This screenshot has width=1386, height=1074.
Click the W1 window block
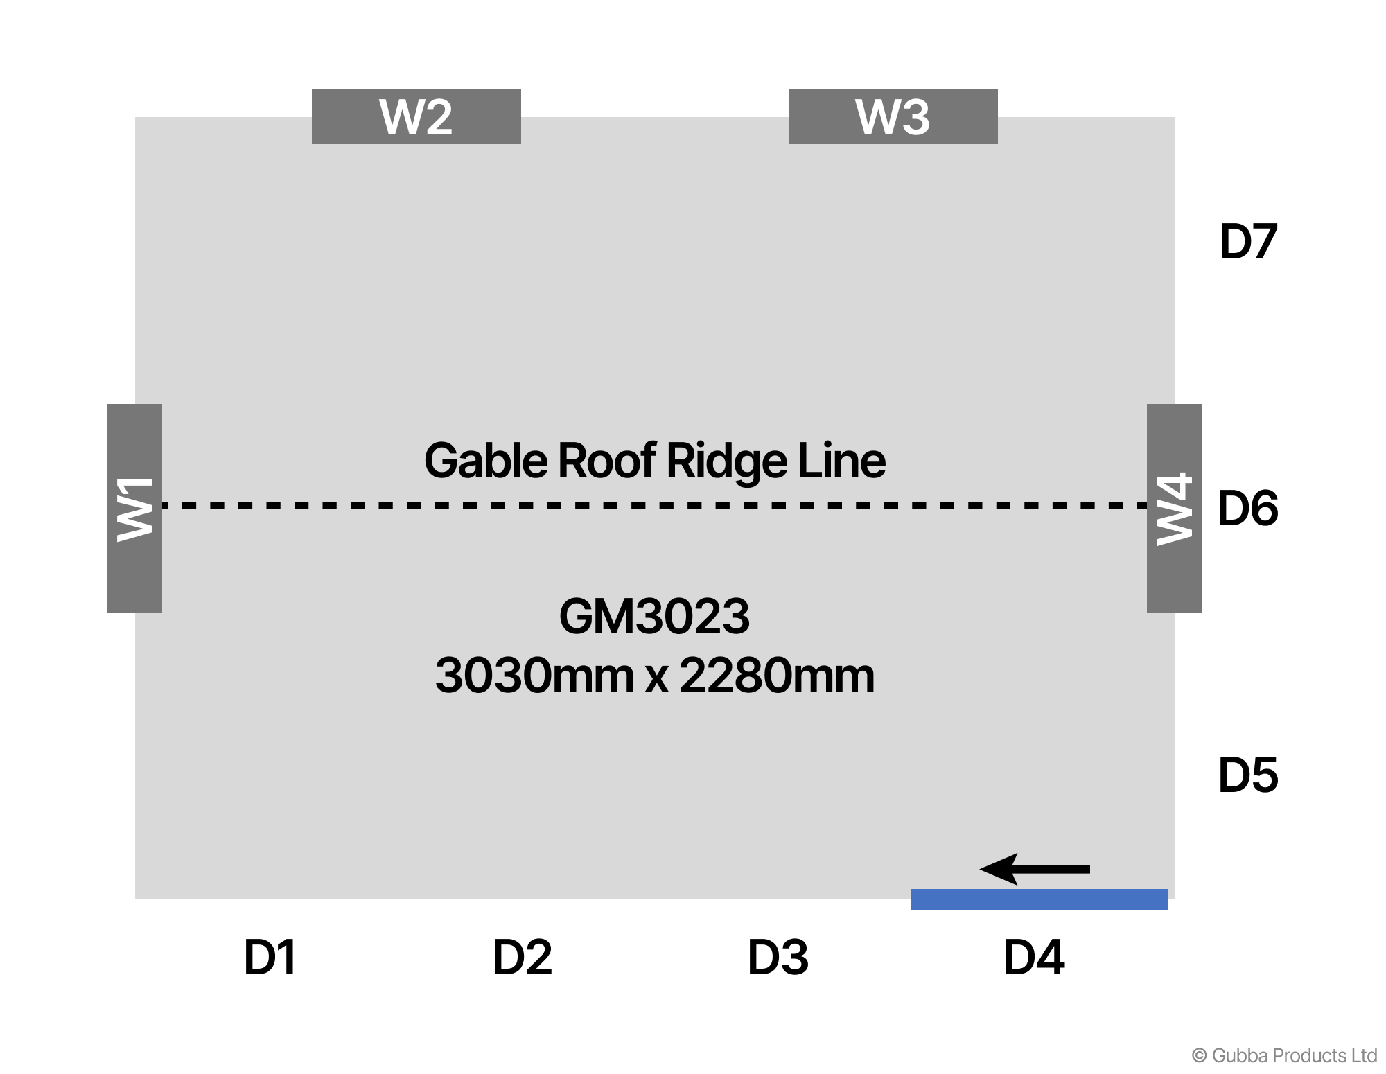tap(134, 509)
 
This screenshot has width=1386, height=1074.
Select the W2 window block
tap(416, 116)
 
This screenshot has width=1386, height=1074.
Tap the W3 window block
tap(893, 116)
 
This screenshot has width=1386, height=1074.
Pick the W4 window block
tap(1174, 509)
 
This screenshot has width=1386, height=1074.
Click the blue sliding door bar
tap(1038, 899)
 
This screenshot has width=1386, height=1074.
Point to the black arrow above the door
tap(1035, 869)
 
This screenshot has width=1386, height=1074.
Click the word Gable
tap(486, 461)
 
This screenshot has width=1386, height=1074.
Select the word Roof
tap(607, 461)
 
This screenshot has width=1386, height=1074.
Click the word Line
tap(841, 461)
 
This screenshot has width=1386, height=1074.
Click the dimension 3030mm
tap(534, 676)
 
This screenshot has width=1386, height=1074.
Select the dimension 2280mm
tap(777, 676)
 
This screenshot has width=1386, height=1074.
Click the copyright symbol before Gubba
tap(1200, 1055)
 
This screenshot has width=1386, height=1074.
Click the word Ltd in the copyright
tap(1364, 1055)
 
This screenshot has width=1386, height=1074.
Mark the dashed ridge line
tap(654, 505)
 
